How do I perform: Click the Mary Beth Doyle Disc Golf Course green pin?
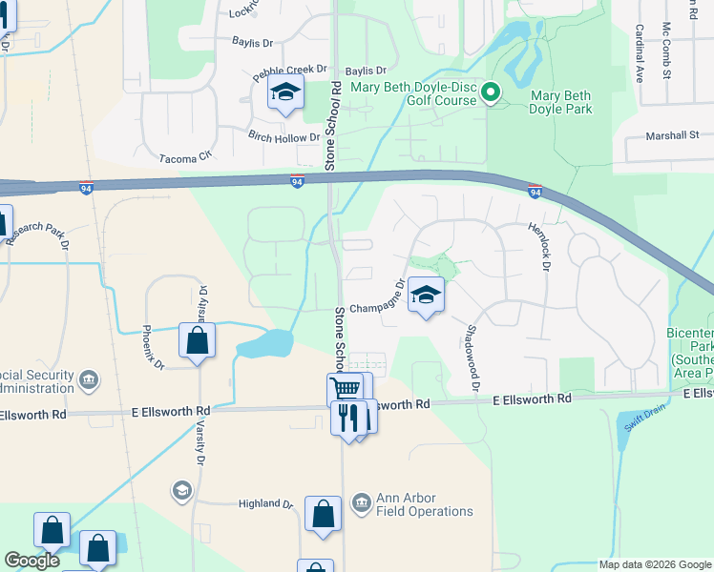point(491,92)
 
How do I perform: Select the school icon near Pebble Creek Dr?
point(284,93)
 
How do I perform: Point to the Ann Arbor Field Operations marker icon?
point(361,501)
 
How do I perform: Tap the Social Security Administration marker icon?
point(89,380)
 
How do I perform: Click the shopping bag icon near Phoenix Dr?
point(197,340)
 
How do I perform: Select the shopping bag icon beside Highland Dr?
point(324,514)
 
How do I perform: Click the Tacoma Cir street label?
point(184,158)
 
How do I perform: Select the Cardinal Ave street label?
point(640,53)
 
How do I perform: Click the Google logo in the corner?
point(31,561)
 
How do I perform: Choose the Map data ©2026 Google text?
point(654,564)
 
